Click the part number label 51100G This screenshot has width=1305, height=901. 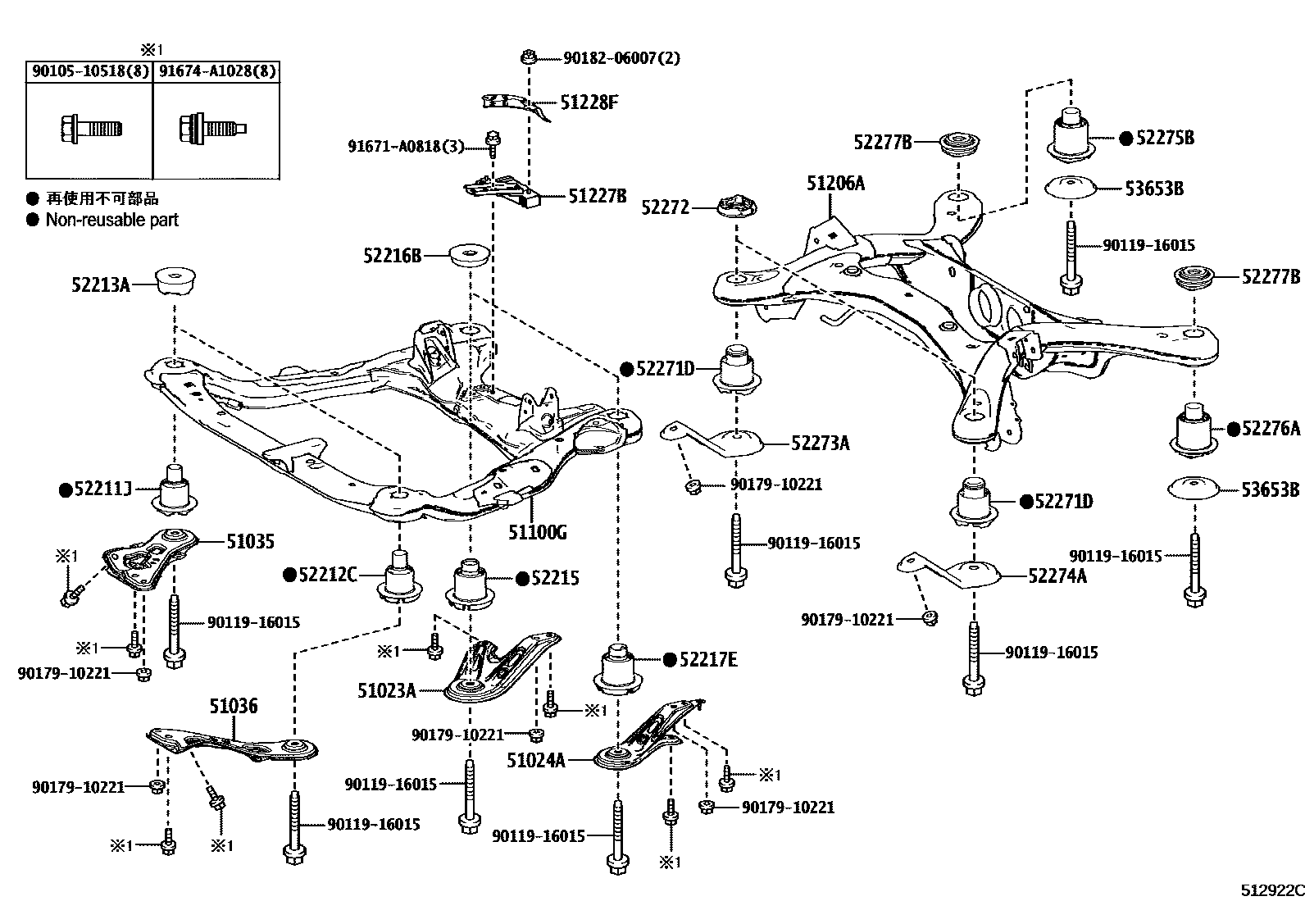537,533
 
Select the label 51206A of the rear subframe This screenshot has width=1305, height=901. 834,183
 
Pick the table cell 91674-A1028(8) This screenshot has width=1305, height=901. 217,71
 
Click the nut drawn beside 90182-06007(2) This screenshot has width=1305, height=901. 529,57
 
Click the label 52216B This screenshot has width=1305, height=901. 392,256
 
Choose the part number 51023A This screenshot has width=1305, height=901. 386,691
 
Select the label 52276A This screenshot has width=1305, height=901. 1271,429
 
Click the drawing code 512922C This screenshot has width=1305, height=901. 1271,890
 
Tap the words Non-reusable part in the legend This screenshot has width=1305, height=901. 112,220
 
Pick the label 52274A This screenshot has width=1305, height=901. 1057,576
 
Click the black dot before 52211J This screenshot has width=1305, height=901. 66,490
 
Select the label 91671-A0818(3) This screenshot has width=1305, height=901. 405,147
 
